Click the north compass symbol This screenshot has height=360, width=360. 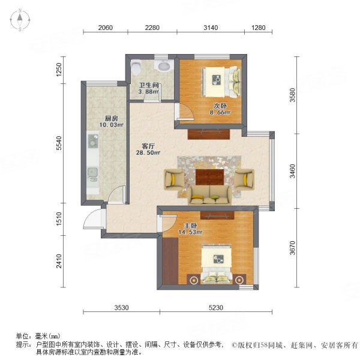(x=20, y=20)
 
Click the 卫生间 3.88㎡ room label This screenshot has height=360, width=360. (x=148, y=88)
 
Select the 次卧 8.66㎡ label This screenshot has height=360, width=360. (x=220, y=108)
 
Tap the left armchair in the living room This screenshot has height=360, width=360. (x=175, y=179)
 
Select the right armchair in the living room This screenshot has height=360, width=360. (x=244, y=179)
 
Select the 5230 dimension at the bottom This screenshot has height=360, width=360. (x=216, y=308)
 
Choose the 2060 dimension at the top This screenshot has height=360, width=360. (x=105, y=27)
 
